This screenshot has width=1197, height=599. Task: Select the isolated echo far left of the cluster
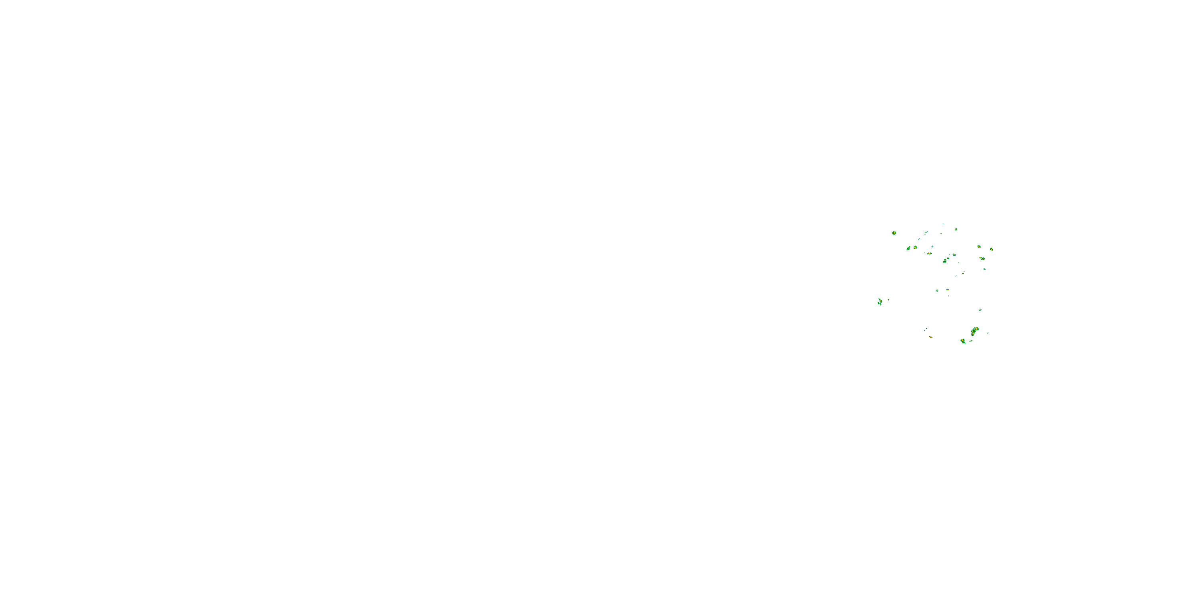(x=880, y=302)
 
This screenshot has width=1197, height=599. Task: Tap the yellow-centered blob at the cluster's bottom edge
(x=963, y=341)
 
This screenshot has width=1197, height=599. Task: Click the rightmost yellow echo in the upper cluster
(x=991, y=249)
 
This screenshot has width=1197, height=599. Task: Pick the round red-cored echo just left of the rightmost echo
(x=979, y=246)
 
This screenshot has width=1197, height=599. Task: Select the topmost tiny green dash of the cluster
(x=943, y=224)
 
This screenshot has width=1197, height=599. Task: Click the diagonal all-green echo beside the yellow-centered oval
(x=908, y=249)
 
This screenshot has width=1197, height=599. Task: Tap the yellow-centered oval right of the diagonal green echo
(x=915, y=248)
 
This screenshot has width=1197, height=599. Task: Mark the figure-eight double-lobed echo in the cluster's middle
(x=945, y=261)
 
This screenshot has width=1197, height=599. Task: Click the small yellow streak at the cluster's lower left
(x=931, y=337)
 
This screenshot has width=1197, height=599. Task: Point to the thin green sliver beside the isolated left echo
(x=889, y=300)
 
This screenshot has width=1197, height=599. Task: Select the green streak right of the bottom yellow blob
(x=971, y=341)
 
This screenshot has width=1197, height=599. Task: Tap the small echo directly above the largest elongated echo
(x=980, y=310)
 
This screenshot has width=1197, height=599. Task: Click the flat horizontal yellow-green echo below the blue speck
(x=930, y=254)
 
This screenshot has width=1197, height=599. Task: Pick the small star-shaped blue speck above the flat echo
(x=932, y=246)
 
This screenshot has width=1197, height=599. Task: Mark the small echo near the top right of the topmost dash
(x=956, y=229)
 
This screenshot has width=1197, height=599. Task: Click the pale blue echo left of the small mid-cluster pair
(x=937, y=291)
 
